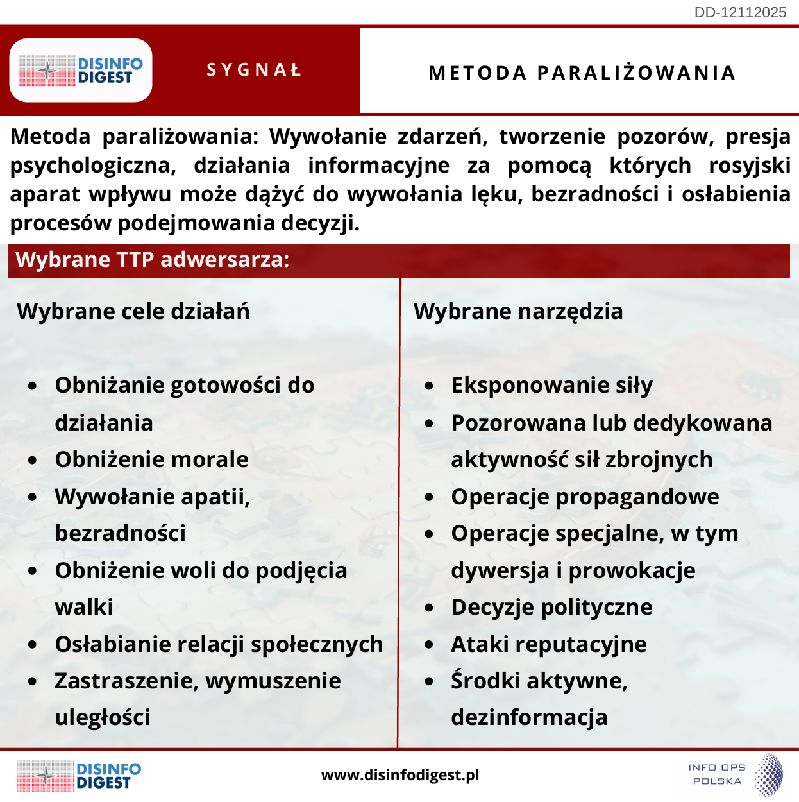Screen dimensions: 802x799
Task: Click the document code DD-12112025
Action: coord(740,13)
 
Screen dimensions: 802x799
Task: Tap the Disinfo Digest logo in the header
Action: coord(81,71)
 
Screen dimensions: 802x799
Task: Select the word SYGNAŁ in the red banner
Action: coord(255,70)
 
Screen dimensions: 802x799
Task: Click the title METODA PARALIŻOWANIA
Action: coord(582,73)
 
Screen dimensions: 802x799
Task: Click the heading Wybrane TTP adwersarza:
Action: coord(153,260)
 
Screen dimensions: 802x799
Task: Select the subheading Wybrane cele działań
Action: coord(133,311)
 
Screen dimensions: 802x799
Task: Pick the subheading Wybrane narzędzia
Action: coord(518,311)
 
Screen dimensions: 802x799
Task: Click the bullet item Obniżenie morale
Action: coord(151,459)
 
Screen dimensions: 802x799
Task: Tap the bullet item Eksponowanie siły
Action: coord(551,386)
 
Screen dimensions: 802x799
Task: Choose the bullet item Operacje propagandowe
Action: coord(585,497)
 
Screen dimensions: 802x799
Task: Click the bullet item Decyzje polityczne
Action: coord(551,607)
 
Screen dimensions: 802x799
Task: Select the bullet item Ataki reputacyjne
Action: coord(549,644)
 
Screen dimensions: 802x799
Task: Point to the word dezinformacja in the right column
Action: coord(529,717)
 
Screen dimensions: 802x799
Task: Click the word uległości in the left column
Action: coord(103,717)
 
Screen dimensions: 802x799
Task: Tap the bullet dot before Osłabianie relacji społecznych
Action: coord(33,645)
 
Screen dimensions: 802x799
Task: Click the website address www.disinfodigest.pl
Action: coord(400,775)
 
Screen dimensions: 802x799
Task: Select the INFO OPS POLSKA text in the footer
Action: coord(717,774)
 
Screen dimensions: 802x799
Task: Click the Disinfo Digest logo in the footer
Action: coord(80,775)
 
